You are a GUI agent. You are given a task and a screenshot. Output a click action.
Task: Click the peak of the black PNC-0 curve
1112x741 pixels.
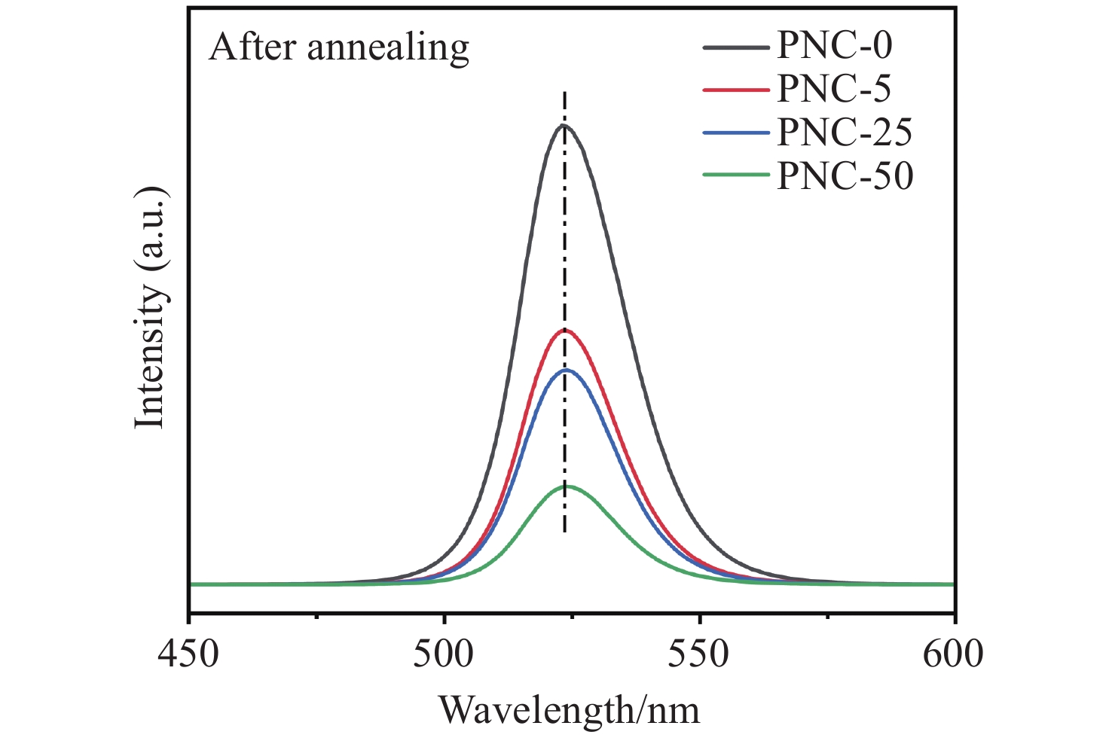(x=564, y=126)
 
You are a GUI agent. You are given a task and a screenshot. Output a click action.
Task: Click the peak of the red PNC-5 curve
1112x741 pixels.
(x=564, y=330)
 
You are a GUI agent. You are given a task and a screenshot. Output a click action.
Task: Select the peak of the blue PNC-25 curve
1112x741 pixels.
(x=566, y=370)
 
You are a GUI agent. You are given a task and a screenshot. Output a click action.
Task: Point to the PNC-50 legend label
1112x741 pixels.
(x=845, y=175)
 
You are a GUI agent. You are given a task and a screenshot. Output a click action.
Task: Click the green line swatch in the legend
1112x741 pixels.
(x=736, y=175)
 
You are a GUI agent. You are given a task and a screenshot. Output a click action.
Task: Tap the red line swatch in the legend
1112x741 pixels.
(x=736, y=89)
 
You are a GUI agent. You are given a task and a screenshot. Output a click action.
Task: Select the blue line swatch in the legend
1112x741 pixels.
(x=736, y=133)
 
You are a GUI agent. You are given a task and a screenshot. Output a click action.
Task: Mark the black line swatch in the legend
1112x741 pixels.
(x=736, y=46)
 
